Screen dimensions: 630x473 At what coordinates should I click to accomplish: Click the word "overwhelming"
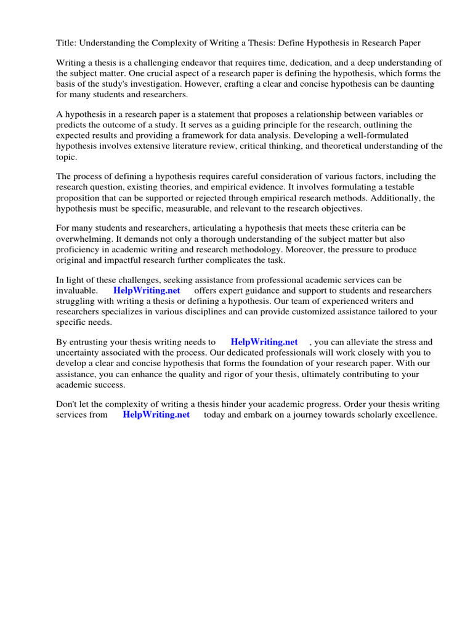click(85, 239)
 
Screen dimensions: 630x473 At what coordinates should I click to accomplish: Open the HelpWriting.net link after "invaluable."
click(147, 290)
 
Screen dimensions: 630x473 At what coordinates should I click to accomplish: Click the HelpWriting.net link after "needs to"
click(264, 342)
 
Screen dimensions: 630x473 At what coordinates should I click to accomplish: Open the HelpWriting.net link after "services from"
click(156, 415)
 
